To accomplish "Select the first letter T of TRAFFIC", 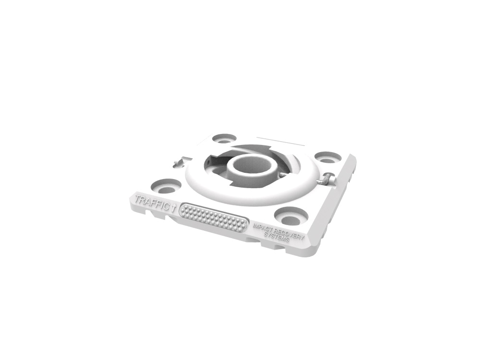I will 138,198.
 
